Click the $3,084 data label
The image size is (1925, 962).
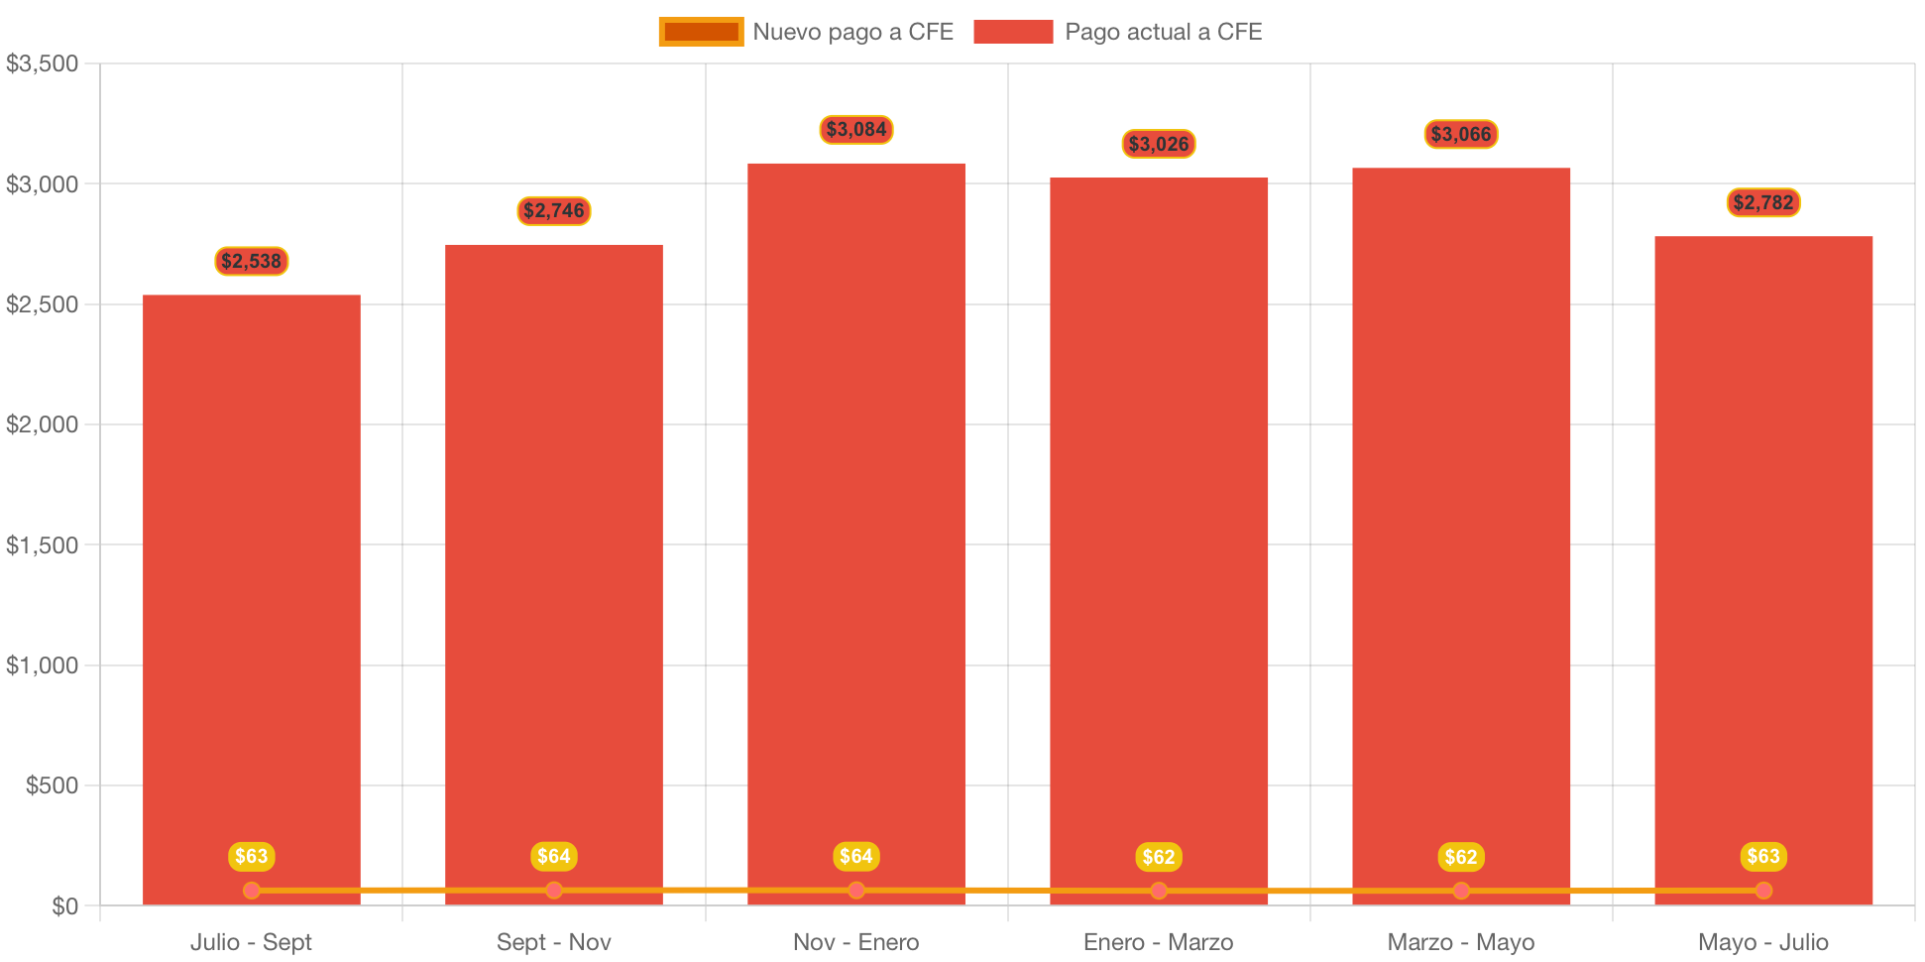pos(856,129)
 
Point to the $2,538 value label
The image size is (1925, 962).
pos(252,261)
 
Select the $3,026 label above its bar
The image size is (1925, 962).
pos(1159,144)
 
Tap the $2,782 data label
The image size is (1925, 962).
pos(1763,202)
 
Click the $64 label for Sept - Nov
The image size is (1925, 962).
pos(554,856)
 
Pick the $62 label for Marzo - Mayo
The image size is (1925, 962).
pos(1461,857)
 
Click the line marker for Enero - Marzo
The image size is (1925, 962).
pos(1159,891)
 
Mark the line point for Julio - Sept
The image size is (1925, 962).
pos(252,891)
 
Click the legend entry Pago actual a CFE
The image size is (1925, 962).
pos(1118,32)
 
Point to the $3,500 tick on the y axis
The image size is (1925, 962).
pos(43,64)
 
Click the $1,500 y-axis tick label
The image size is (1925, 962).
pos(43,545)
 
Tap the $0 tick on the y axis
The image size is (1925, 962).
pos(65,906)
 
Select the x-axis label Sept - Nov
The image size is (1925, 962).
pos(554,942)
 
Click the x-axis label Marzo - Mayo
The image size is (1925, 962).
pos(1461,942)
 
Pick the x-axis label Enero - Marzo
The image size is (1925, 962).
pos(1159,942)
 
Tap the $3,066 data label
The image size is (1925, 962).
pos(1461,134)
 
